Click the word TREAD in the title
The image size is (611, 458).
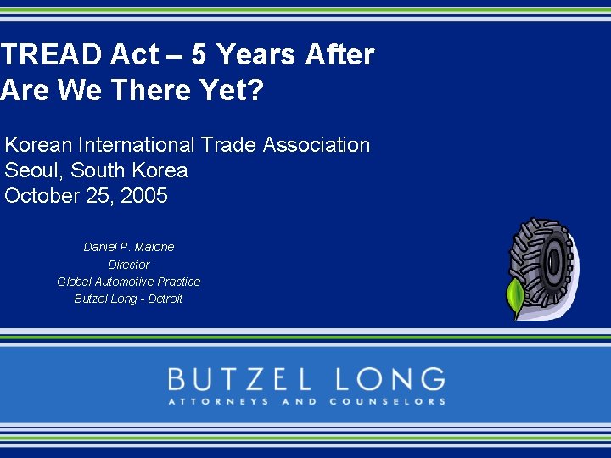pyautogui.click(x=51, y=55)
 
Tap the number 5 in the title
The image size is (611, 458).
pyautogui.click(x=199, y=55)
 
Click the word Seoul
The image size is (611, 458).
pyautogui.click(x=33, y=170)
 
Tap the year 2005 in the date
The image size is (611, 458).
pyautogui.click(x=144, y=196)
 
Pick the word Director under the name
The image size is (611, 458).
pyautogui.click(x=129, y=265)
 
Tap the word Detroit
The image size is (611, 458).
pyautogui.click(x=165, y=299)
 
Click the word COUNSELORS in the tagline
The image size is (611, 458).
pyautogui.click(x=387, y=401)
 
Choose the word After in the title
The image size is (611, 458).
pyautogui.click(x=339, y=55)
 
